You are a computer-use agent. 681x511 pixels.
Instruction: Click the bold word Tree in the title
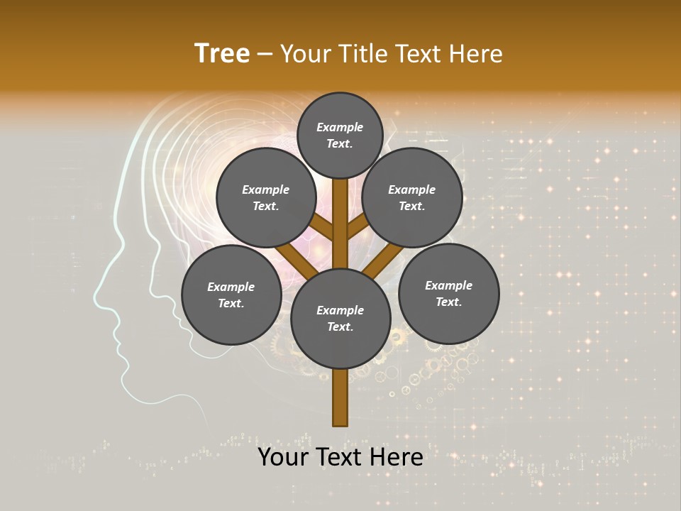coord(222,53)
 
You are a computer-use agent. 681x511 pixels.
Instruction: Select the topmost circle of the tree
coord(340,135)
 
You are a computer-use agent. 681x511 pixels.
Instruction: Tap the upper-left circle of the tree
coord(265,197)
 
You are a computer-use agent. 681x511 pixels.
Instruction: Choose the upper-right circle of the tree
coord(412,197)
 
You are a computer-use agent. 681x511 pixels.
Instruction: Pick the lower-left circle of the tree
coord(231,295)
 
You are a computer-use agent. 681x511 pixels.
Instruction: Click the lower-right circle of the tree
coord(448,293)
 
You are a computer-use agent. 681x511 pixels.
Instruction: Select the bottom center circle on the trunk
coord(340,318)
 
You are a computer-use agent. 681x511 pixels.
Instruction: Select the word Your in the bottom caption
coord(282,457)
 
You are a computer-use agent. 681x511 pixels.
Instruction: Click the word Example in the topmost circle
coord(340,127)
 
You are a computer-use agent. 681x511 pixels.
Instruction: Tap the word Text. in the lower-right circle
coord(448,302)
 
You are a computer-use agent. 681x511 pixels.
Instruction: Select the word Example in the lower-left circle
coord(231,287)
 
